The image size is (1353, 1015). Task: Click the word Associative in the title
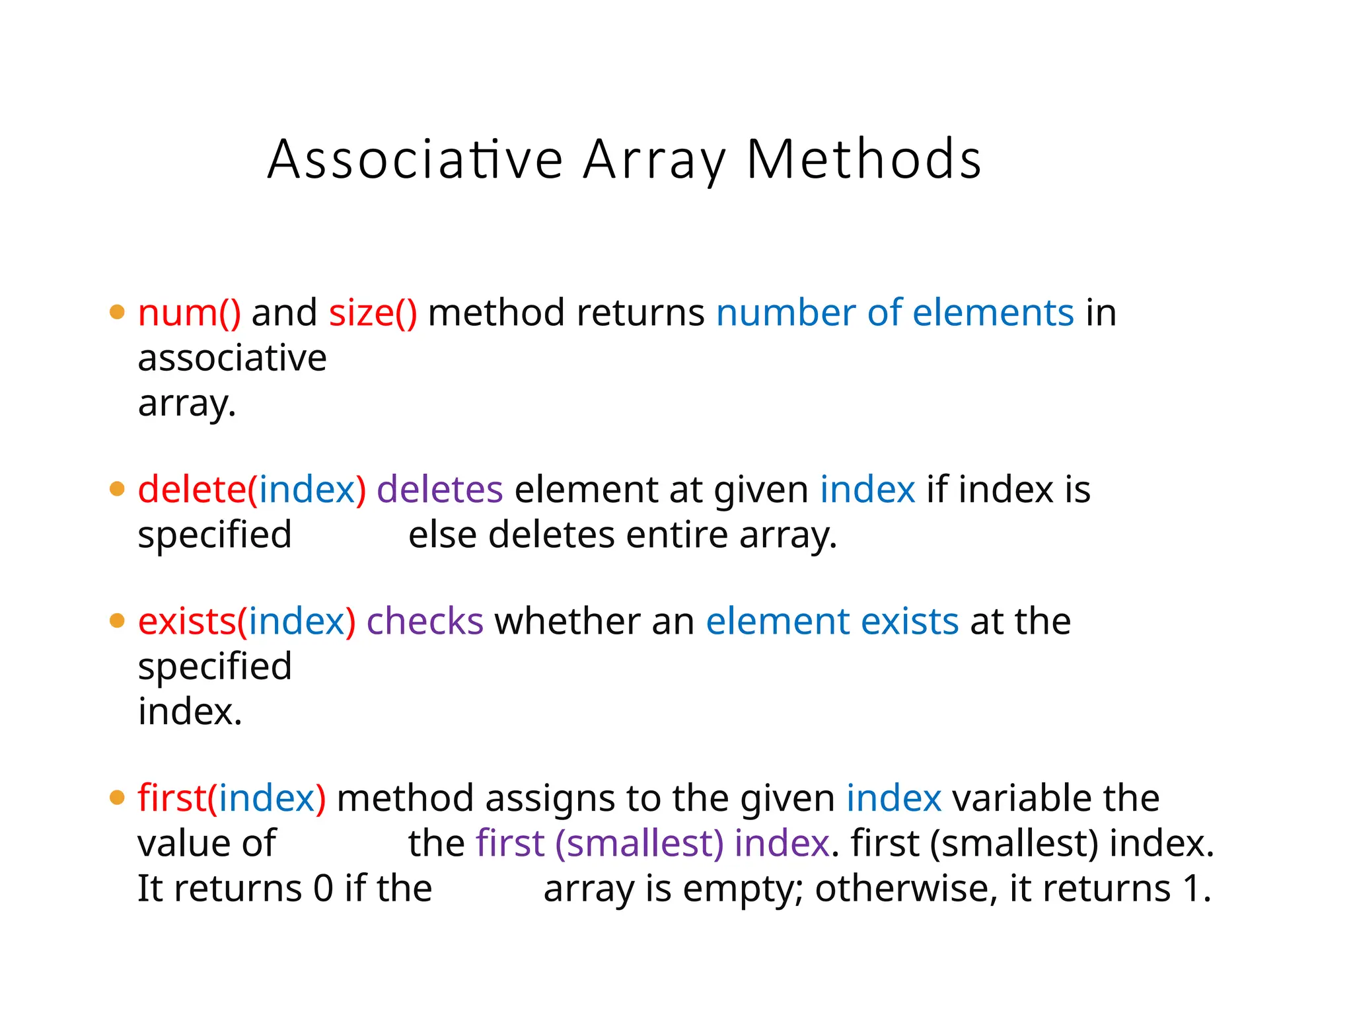click(x=415, y=160)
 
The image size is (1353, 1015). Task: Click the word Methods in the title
click(x=863, y=160)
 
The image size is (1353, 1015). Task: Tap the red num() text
click(x=190, y=313)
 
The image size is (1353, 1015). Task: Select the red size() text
click(x=373, y=313)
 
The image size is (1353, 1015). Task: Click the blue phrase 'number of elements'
click(x=895, y=313)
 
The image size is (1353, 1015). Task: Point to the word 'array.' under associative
click(x=187, y=403)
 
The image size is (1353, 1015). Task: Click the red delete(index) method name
click(x=252, y=490)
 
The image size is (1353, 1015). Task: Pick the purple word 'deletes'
click(x=440, y=490)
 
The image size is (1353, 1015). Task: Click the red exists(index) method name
click(x=246, y=622)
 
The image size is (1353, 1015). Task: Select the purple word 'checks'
click(x=425, y=622)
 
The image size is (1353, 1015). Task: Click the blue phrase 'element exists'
click(x=832, y=622)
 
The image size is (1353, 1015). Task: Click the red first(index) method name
click(x=232, y=798)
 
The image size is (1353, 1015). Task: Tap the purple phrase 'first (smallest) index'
click(x=653, y=844)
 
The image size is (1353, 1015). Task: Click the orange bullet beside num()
click(x=117, y=312)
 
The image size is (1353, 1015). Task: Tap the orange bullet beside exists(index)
click(x=117, y=621)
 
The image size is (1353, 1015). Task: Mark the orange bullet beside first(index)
click(x=117, y=798)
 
